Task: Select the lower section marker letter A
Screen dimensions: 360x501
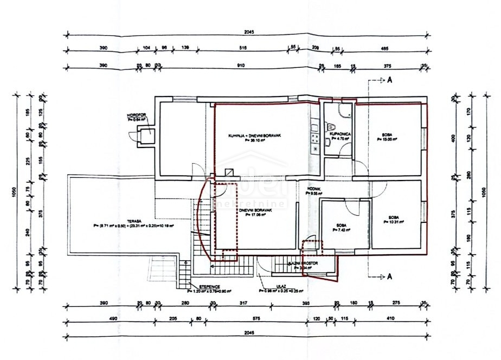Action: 389,277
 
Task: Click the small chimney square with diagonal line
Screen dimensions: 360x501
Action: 230,173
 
